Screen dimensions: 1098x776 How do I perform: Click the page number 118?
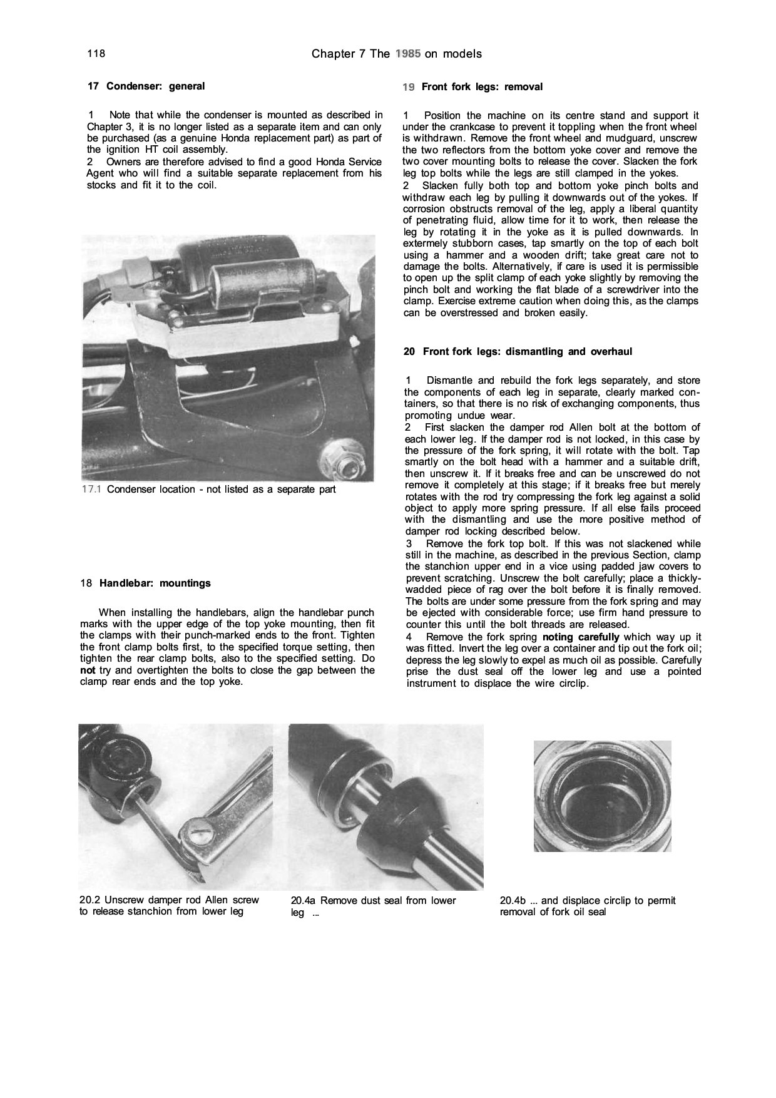tap(95, 54)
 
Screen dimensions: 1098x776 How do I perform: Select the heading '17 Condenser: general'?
tap(146, 86)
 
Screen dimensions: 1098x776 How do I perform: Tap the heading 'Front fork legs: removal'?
tap(482, 87)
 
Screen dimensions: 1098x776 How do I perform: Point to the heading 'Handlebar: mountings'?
tap(155, 583)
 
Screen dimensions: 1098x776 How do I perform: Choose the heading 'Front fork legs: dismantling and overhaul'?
tap(527, 352)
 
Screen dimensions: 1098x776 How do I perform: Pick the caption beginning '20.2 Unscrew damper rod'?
tap(169, 906)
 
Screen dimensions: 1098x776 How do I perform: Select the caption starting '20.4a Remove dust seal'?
tap(374, 906)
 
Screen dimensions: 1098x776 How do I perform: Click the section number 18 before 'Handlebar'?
tap(86, 583)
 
